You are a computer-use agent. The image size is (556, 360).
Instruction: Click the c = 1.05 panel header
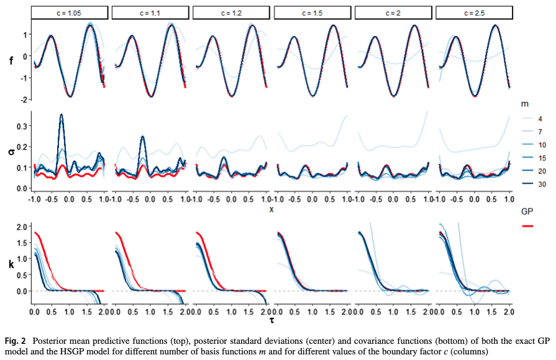[68, 13]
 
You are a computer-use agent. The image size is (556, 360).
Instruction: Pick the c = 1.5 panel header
[312, 13]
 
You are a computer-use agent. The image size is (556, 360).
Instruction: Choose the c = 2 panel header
[393, 13]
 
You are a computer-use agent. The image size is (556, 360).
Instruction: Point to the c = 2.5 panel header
[474, 13]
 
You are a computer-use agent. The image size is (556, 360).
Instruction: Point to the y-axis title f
[12, 61]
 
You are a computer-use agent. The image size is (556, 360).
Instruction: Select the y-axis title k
[12, 264]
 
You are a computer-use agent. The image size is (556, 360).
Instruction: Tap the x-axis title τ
[271, 320]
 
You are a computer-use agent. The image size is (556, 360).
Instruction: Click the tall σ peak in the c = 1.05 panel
[62, 115]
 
